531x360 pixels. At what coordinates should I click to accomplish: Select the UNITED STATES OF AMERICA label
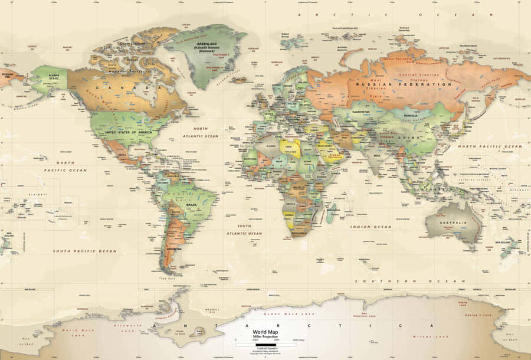pos(128,132)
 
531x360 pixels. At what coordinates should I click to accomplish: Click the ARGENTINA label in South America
pos(174,249)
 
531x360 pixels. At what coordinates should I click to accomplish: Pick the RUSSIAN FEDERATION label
pos(404,84)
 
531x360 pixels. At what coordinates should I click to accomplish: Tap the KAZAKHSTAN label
pos(361,112)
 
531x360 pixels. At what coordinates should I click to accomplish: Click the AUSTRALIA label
pos(456,222)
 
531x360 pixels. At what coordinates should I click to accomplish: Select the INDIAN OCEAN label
pos(371,227)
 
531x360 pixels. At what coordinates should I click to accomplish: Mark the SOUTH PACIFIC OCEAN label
pos(85,251)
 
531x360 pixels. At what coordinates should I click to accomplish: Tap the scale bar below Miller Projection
pos(265,344)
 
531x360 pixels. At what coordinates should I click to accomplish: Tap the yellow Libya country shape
pos(289,146)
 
